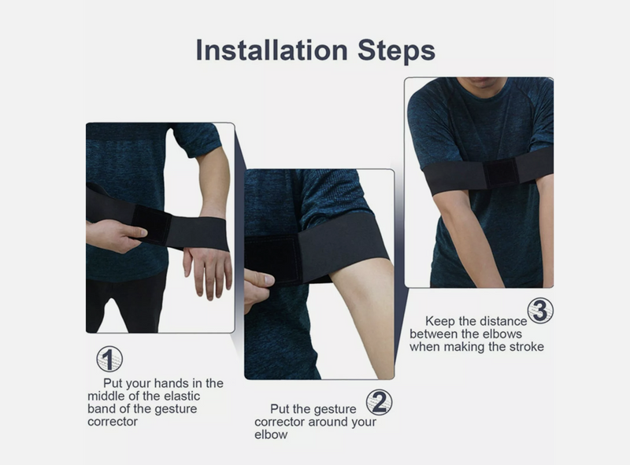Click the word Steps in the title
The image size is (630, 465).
392,50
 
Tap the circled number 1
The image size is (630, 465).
109,360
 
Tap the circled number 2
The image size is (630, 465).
380,403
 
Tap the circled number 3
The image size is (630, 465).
540,310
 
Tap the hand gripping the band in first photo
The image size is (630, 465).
118,236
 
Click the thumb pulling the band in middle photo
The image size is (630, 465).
258,279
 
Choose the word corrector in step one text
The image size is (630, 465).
112,421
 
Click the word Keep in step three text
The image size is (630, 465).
440,321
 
